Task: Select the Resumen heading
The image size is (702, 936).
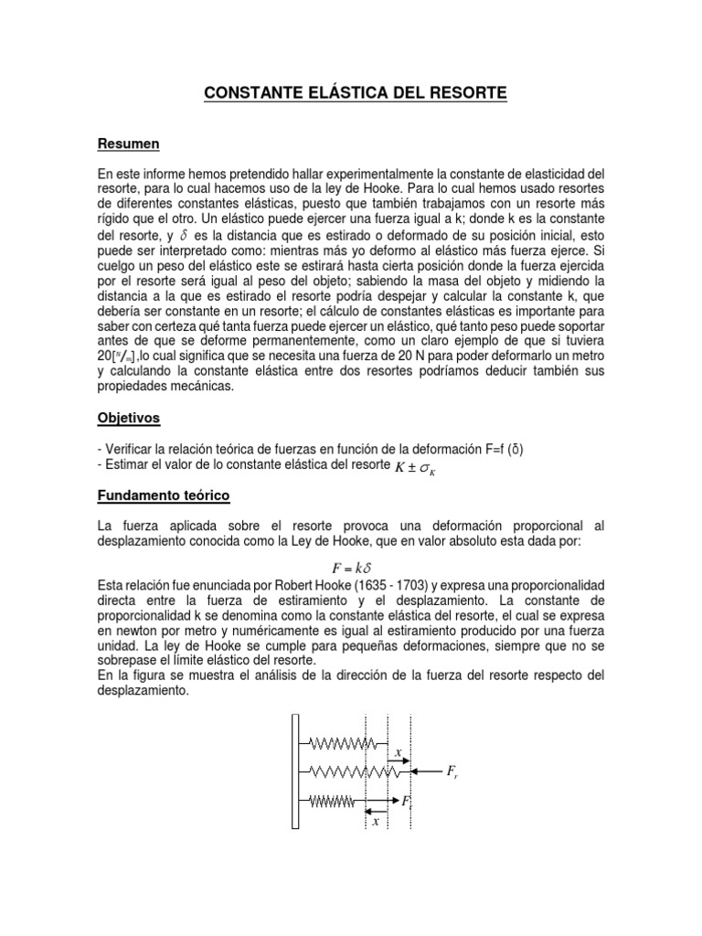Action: [x=129, y=144]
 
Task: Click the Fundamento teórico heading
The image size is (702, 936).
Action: [x=163, y=495]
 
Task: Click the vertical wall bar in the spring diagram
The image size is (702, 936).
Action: [x=294, y=771]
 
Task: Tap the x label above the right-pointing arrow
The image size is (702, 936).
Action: [x=399, y=753]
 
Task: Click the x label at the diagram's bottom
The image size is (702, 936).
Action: [x=375, y=821]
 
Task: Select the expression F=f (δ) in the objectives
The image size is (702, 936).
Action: [x=495, y=448]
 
